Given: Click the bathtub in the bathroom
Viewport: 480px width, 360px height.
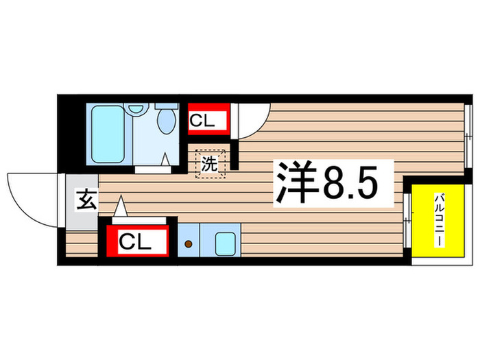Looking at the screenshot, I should [108, 134].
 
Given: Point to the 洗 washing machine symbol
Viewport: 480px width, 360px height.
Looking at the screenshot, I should [209, 164].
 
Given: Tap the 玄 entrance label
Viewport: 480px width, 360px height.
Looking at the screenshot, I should [85, 202].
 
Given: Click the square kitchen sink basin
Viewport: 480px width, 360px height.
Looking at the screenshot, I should [225, 243].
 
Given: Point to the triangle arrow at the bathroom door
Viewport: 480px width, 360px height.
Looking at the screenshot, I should [165, 158].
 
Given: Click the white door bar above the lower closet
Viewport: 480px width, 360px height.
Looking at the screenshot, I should [137, 220].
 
